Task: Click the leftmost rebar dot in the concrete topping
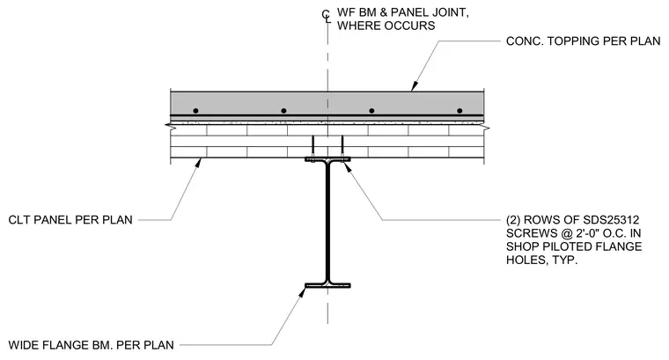coord(195,111)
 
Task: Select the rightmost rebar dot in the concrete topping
coord(459,111)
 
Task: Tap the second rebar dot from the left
coord(283,111)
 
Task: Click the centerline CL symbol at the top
coord(327,16)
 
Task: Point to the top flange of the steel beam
coord(327,159)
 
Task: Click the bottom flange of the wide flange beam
coord(327,285)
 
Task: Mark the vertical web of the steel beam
coord(327,222)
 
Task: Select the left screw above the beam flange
coord(312,148)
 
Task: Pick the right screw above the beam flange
coord(342,148)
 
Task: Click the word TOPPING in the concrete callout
coord(573,41)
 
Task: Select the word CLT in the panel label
coord(19,220)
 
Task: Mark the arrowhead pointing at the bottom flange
coord(303,292)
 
